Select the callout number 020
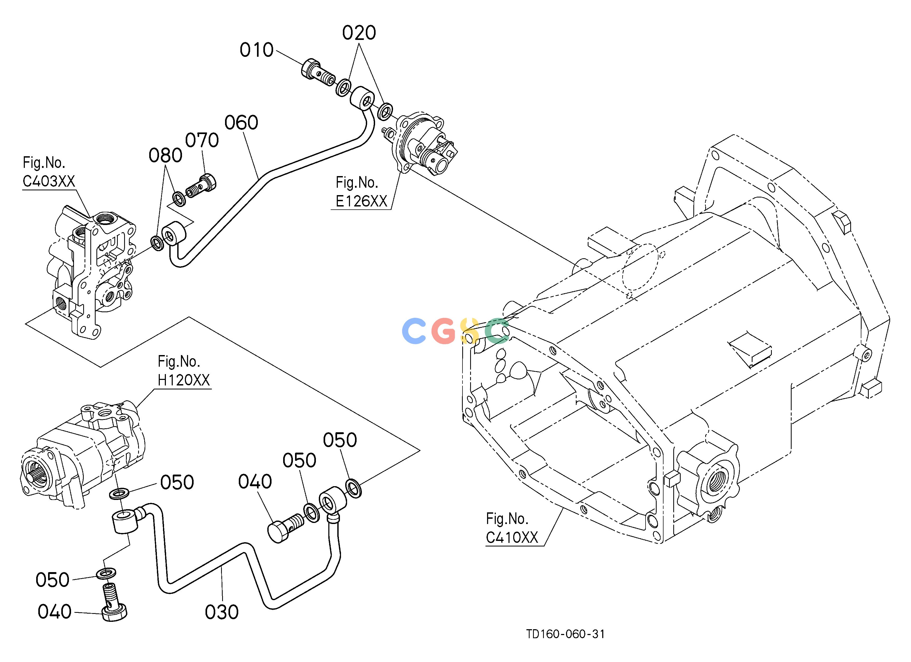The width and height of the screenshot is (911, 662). click(359, 33)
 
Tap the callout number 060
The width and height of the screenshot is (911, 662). click(241, 123)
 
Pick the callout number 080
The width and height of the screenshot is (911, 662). click(166, 155)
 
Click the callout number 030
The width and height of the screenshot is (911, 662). click(222, 612)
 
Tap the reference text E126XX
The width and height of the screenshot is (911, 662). click(362, 201)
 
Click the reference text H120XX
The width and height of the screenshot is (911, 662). click(184, 380)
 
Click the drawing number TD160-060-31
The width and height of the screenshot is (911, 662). click(566, 634)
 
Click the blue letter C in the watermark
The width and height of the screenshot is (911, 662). click(414, 331)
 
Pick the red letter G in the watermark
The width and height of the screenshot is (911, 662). click(444, 331)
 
